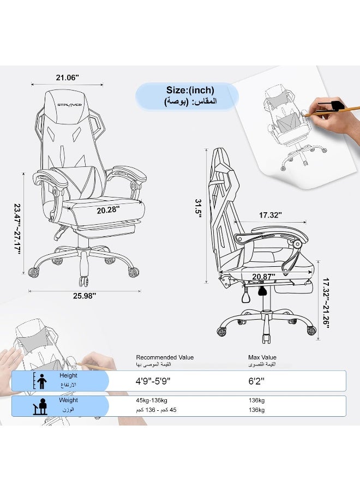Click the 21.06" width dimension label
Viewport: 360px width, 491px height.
point(67,77)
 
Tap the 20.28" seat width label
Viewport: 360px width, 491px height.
point(108,209)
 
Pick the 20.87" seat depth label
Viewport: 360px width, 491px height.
point(263,277)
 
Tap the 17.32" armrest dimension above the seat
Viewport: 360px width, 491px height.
point(270,215)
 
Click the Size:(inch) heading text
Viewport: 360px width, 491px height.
point(190,90)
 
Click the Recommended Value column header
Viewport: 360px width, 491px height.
point(165,358)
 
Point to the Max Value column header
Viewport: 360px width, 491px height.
point(262,358)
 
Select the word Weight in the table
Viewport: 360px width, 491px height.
point(68,400)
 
